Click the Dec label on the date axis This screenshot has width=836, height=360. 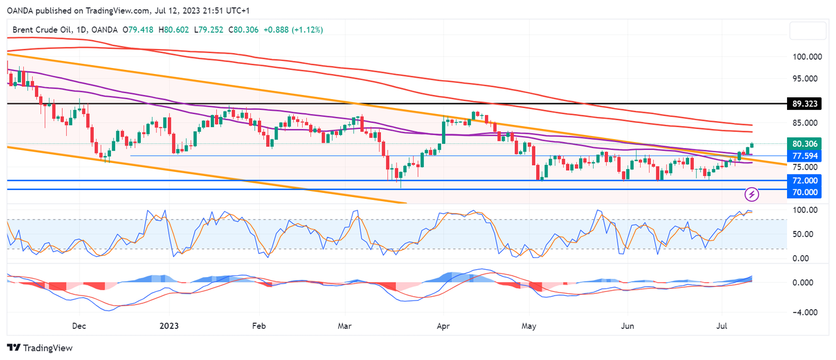[79, 327]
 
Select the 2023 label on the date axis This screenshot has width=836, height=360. [169, 327]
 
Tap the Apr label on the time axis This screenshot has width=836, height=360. [443, 327]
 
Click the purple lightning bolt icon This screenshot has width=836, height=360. [752, 193]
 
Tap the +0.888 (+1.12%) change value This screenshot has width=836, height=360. [293, 29]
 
